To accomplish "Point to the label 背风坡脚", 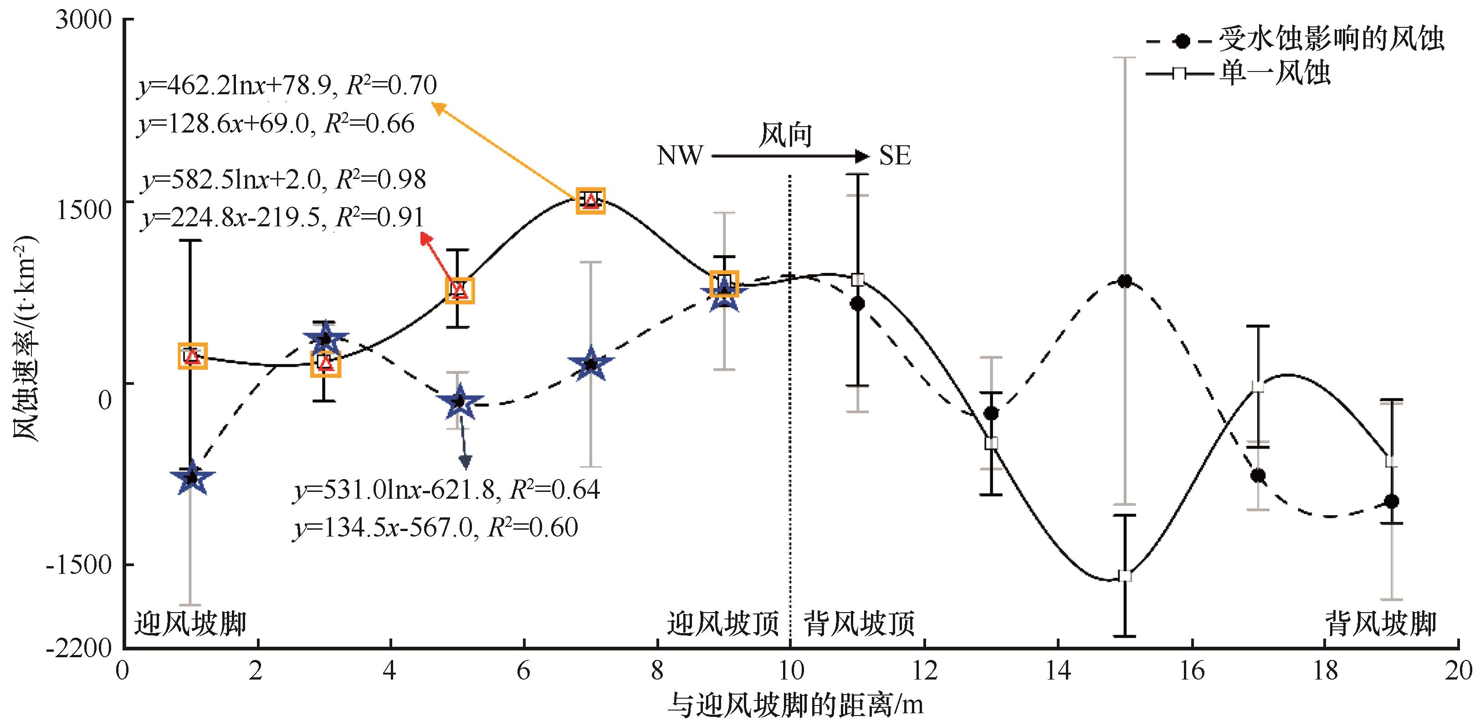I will point(1380,623).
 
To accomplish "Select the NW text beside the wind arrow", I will point(680,156).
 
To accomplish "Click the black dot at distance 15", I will point(1125,281).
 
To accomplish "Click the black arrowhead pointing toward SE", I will point(862,156).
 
